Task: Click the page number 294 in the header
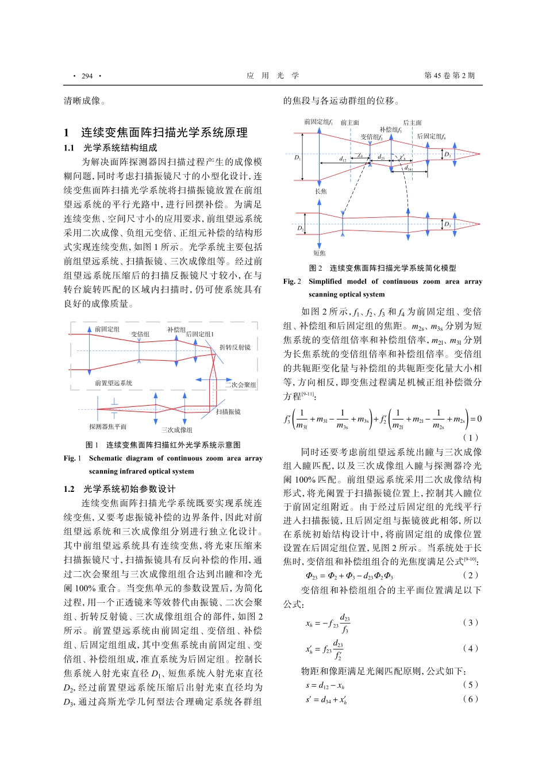(87, 76)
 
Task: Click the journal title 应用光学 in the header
(272, 76)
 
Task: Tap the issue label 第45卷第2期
(449, 76)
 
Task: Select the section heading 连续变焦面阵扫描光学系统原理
(164, 133)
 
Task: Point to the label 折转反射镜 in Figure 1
(235, 348)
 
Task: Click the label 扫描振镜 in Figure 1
(228, 412)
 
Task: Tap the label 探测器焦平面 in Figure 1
(107, 427)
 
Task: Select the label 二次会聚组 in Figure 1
(240, 385)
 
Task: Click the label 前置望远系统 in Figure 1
(113, 383)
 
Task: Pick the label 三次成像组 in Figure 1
(176, 430)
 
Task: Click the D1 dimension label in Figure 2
(297, 157)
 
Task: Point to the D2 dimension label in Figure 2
(300, 228)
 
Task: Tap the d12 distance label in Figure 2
(343, 159)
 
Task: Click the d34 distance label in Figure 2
(408, 169)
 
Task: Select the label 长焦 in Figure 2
(321, 191)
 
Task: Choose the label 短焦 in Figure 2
(320, 253)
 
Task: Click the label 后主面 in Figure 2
(412, 123)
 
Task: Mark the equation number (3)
(470, 622)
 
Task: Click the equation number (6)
(470, 699)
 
